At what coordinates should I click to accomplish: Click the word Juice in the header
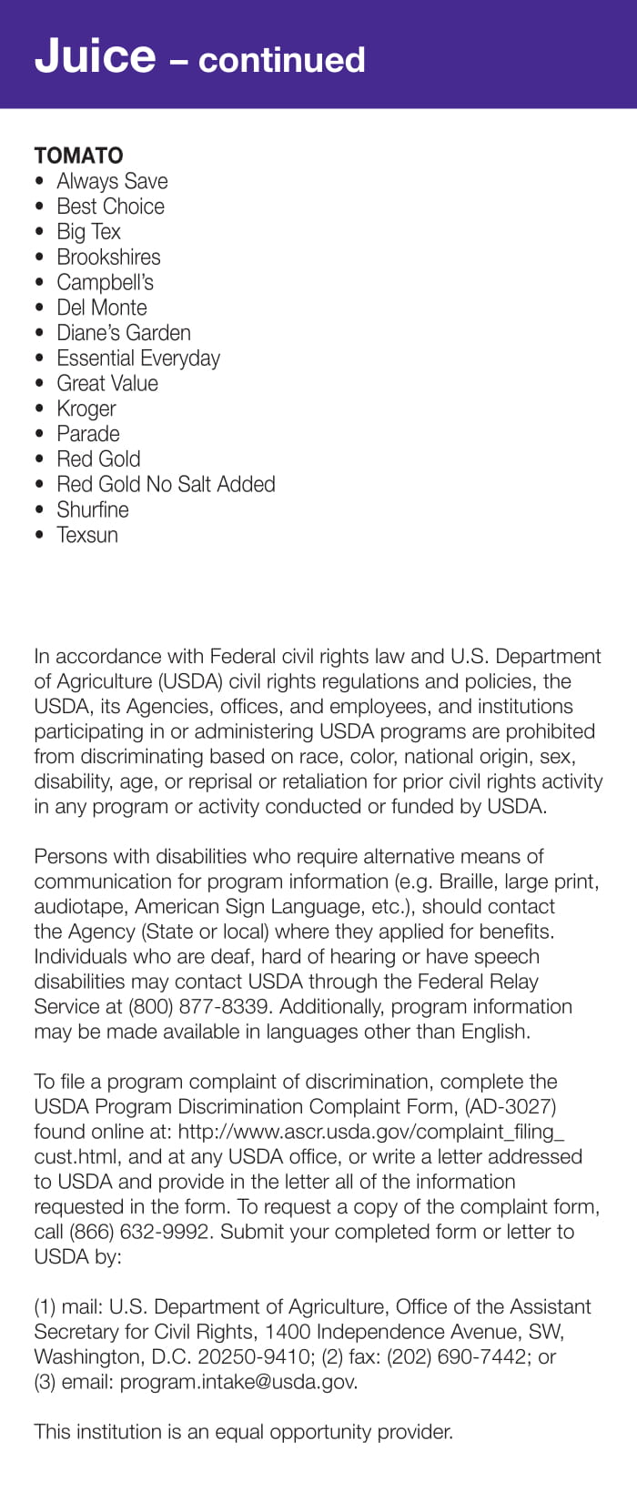(95, 56)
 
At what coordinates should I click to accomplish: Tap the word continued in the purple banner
(281, 60)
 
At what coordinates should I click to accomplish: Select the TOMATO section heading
(78, 156)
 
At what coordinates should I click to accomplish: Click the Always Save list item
(112, 181)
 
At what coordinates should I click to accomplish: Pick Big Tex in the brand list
(88, 232)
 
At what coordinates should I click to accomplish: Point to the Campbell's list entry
(105, 282)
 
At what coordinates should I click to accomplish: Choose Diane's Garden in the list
(124, 333)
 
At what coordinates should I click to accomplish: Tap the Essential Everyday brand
(138, 358)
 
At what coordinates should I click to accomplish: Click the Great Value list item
(107, 384)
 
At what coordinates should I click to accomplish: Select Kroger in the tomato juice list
(86, 409)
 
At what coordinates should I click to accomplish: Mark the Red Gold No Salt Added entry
(166, 484)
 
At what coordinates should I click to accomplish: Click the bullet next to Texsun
(39, 535)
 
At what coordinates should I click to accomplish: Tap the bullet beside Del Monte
(39, 307)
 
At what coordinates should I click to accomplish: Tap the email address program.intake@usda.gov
(238, 1382)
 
